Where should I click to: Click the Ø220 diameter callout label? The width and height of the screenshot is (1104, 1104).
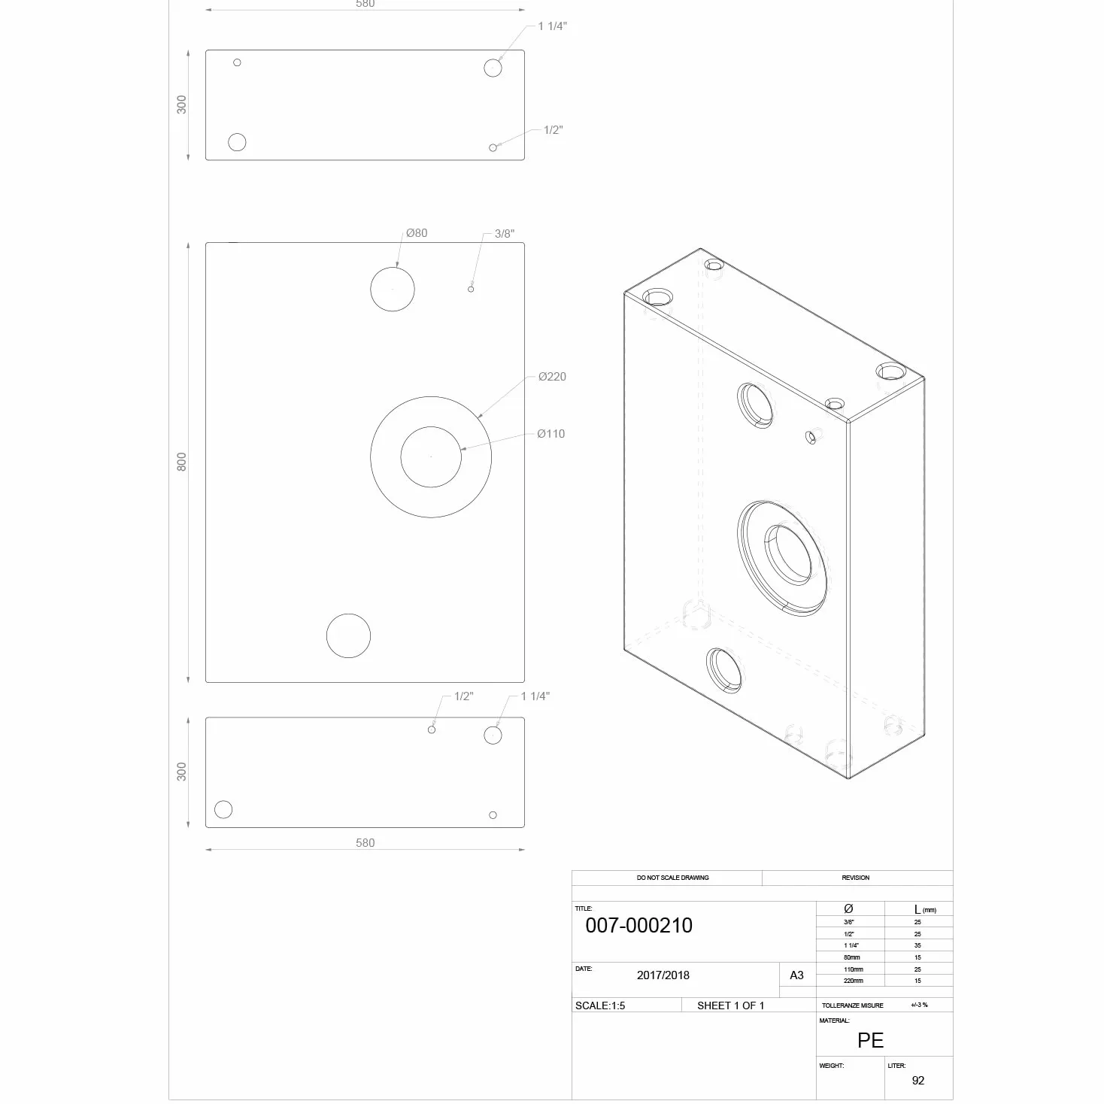[x=552, y=377]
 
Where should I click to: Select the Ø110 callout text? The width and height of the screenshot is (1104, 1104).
[x=550, y=434]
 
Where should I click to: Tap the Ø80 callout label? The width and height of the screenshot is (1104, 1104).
[x=417, y=232]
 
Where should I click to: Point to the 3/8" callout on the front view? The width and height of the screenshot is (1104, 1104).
[x=504, y=233]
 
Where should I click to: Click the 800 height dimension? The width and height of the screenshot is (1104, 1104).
[x=181, y=462]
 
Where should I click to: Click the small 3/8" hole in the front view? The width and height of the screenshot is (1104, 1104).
[x=471, y=290]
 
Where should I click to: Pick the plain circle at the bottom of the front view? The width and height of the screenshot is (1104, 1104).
[x=348, y=614]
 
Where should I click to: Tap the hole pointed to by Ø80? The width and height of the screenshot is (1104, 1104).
[x=393, y=268]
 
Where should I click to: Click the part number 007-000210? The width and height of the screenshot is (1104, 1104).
[x=638, y=925]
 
